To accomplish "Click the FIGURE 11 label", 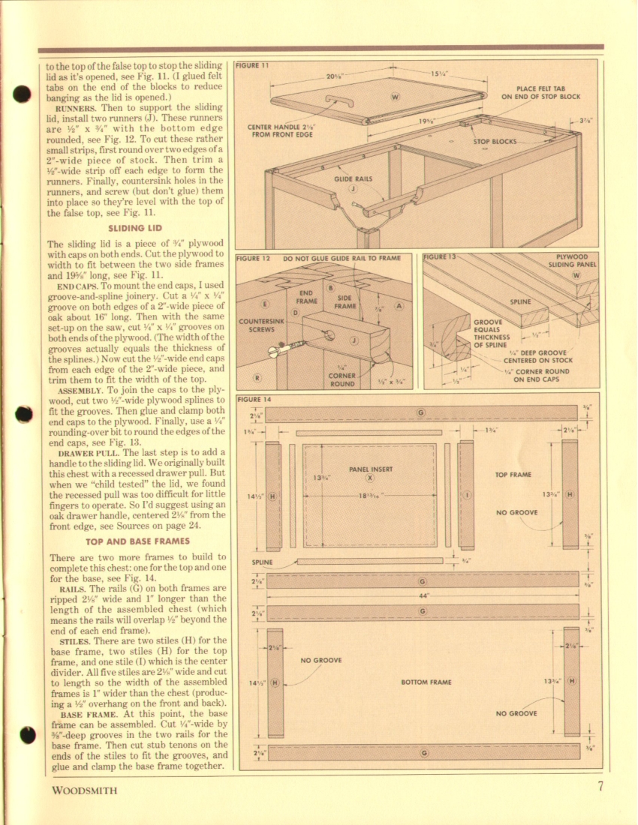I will pyautogui.click(x=252, y=65).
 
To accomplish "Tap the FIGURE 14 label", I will pyautogui.click(x=253, y=399).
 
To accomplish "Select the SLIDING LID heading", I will pyautogui.click(x=135, y=228).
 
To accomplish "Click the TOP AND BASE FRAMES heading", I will pyautogui.click(x=137, y=541).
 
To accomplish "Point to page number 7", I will pyautogui.click(x=601, y=787).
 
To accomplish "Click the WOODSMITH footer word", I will pyautogui.click(x=84, y=790).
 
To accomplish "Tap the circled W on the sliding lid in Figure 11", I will pyautogui.click(x=396, y=97).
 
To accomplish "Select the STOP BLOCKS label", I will pyautogui.click(x=495, y=141).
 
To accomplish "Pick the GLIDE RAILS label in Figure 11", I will pyautogui.click(x=353, y=179).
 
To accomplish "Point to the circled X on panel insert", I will pyautogui.click(x=369, y=478).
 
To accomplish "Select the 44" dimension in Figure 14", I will pyautogui.click(x=423, y=596).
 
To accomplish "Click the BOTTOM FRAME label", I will pyautogui.click(x=426, y=682).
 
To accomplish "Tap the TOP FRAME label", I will pyautogui.click(x=514, y=475).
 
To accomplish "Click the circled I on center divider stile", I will pyautogui.click(x=467, y=495).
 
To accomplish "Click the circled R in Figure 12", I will pyautogui.click(x=257, y=378).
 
